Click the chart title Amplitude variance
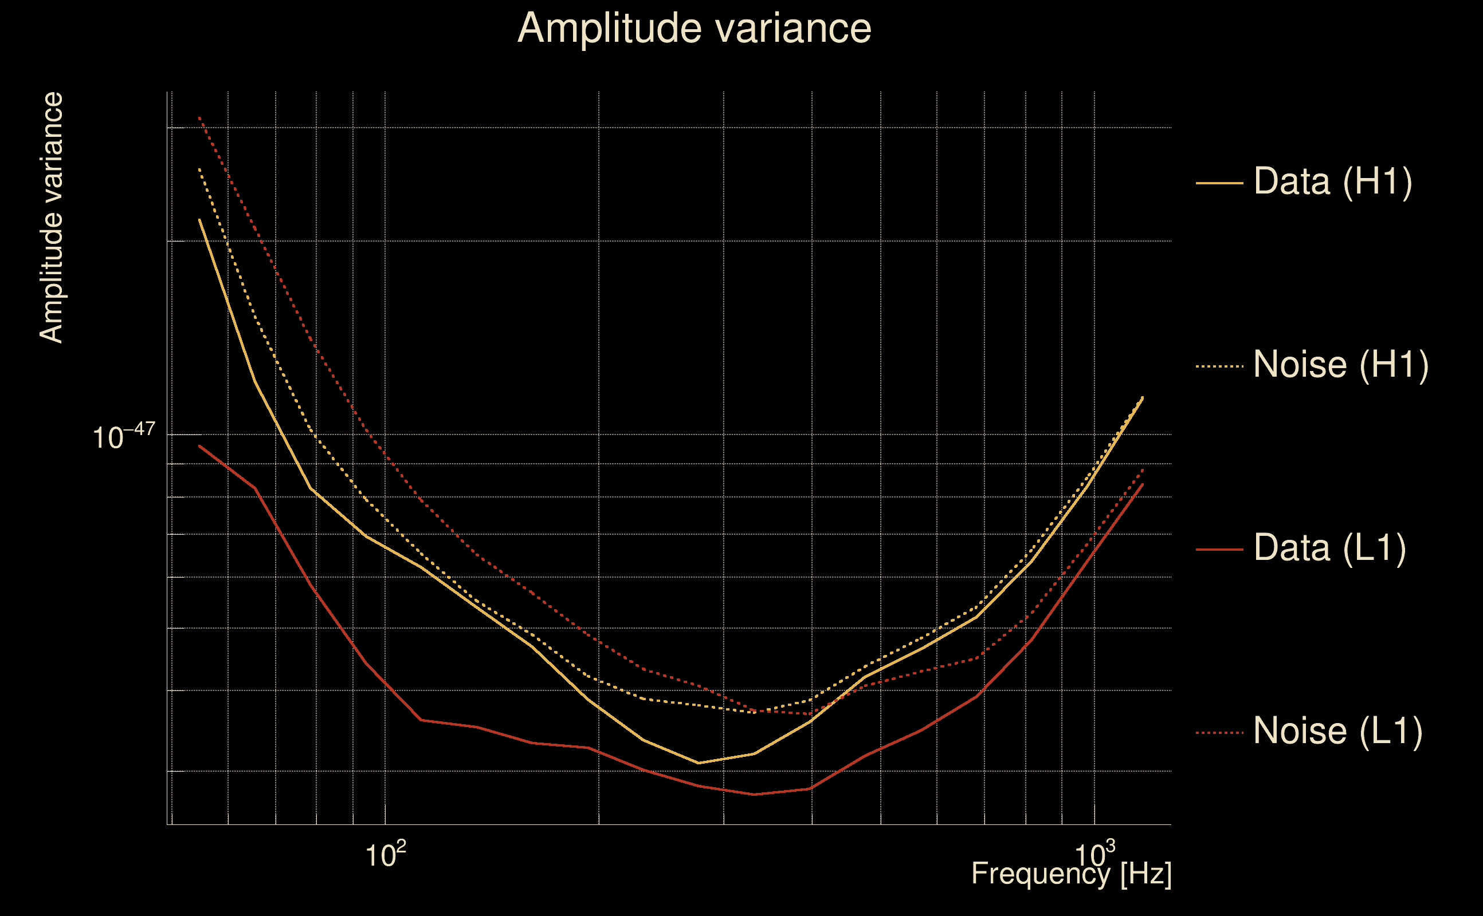[694, 29]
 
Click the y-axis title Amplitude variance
[52, 218]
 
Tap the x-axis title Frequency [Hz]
[1072, 874]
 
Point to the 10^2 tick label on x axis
[385, 854]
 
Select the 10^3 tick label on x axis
[1094, 854]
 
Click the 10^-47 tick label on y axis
[124, 436]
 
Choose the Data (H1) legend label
[1333, 181]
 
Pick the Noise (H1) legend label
[1340, 365]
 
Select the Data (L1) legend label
[1329, 548]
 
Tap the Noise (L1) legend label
[1337, 731]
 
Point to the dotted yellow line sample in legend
[1219, 366]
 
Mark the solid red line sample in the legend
[1219, 550]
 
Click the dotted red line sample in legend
[1219, 732]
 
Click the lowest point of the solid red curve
[754, 794]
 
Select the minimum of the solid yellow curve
[699, 763]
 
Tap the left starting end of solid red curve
[199, 446]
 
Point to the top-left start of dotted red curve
[199, 117]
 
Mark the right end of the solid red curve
[1143, 483]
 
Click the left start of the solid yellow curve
[199, 220]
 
